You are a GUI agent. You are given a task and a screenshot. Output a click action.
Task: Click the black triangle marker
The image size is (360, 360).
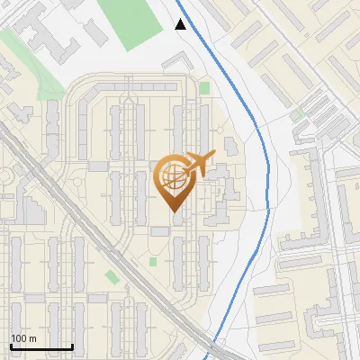[x=181, y=24]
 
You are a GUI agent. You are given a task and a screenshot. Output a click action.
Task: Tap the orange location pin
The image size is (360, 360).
[x=174, y=180]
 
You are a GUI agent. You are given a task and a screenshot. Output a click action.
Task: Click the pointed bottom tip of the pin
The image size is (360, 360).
[x=174, y=211]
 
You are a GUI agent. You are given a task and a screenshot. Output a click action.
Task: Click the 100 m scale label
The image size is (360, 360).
[x=23, y=338]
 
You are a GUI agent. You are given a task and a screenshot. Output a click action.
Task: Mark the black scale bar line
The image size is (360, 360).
[x=41, y=346]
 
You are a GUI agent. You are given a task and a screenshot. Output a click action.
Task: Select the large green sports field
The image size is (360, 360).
[x=131, y=24]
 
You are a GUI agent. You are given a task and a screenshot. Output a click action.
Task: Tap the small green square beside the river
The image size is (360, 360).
[x=204, y=87]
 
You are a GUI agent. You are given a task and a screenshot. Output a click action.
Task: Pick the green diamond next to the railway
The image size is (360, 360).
[x=111, y=275]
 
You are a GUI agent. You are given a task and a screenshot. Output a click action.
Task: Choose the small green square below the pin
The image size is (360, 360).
[x=153, y=262]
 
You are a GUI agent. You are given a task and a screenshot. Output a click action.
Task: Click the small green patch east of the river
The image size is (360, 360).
[x=296, y=114]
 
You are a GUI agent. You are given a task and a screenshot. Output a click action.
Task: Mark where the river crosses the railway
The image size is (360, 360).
[x=213, y=346]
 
